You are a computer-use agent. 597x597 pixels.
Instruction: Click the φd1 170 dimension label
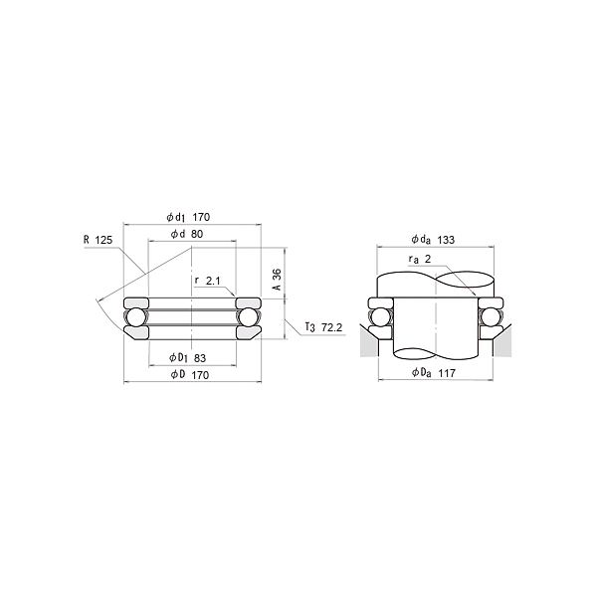188,217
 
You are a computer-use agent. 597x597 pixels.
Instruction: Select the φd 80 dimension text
187,234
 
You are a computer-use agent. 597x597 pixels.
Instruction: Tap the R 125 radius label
98,240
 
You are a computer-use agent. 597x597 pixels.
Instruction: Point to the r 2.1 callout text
208,281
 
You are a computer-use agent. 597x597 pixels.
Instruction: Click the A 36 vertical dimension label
277,280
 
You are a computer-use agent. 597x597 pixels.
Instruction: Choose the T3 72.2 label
323,327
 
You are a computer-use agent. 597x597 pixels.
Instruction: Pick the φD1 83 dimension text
187,358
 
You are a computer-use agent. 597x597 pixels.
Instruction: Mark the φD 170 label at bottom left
190,375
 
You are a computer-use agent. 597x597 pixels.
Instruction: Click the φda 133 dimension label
433,240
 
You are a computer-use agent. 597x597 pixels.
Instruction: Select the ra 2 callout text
420,260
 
